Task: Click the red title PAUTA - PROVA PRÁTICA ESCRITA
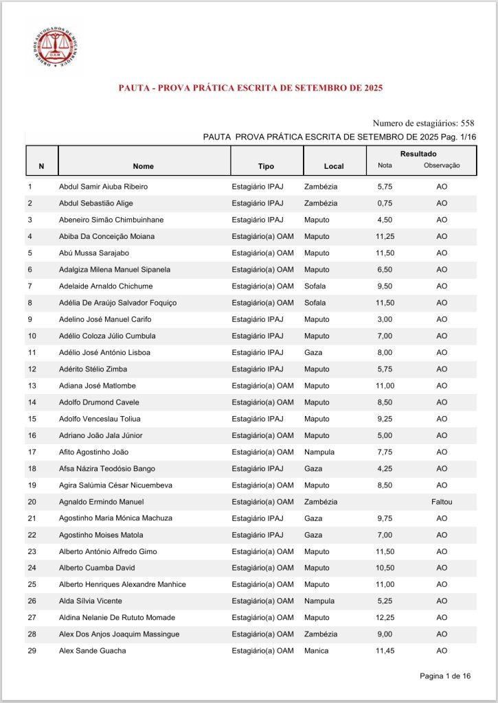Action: pyautogui.click(x=250, y=88)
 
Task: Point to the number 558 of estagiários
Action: pyautogui.click(x=467, y=123)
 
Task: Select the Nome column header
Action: pyautogui.click(x=144, y=166)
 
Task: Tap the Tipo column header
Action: pyautogui.click(x=266, y=166)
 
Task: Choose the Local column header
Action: pyautogui.click(x=334, y=166)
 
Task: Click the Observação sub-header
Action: pyautogui.click(x=441, y=165)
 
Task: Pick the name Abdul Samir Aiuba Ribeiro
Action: pyautogui.click(x=103, y=186)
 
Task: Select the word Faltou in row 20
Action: pyautogui.click(x=442, y=502)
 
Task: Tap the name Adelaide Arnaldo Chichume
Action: pyautogui.click(x=106, y=286)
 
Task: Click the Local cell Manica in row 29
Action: pyautogui.click(x=317, y=651)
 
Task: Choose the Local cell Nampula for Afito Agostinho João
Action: pyautogui.click(x=319, y=452)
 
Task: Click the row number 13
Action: pyautogui.click(x=32, y=385)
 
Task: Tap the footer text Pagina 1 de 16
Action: pyautogui.click(x=445, y=676)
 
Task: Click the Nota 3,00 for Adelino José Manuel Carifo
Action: pyautogui.click(x=384, y=319)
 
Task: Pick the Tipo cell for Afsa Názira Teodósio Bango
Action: pyautogui.click(x=258, y=468)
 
